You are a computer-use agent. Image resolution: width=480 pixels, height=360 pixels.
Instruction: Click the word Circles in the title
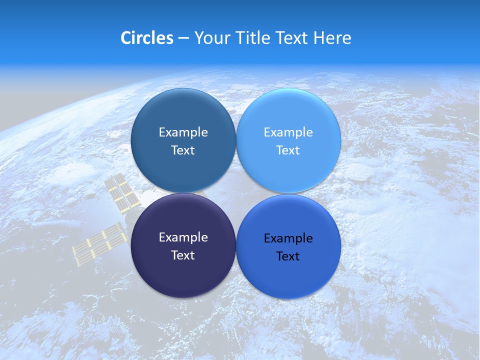tap(146, 38)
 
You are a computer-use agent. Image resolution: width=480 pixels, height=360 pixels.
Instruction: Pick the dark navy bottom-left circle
tap(183, 275)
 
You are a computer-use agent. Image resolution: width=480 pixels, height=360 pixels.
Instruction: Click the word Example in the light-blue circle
tap(288, 132)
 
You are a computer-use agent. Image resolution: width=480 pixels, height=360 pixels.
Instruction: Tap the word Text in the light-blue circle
tap(288, 150)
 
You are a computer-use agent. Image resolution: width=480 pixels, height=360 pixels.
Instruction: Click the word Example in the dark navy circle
tap(183, 237)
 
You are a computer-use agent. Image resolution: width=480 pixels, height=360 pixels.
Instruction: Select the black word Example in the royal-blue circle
tap(288, 238)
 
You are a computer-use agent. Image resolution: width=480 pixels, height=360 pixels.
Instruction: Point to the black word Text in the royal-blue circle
tap(288, 256)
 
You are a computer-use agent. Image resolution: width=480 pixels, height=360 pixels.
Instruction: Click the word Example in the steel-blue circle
tap(183, 132)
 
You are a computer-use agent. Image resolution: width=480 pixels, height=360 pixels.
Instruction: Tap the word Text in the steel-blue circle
tap(183, 150)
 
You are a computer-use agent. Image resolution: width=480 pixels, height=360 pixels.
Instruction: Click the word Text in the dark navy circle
tap(183, 255)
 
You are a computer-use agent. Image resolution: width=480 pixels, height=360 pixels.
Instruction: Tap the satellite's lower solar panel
tap(99, 244)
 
